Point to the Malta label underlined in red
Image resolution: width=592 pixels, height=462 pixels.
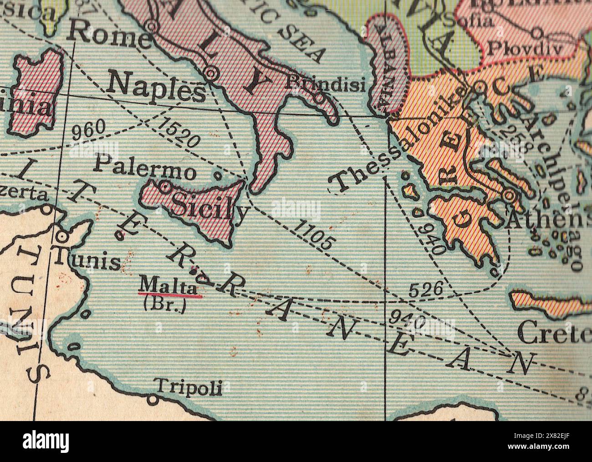[x=168, y=287]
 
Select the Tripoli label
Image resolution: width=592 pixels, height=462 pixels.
[x=189, y=387]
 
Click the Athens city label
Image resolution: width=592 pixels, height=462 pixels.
[x=546, y=221]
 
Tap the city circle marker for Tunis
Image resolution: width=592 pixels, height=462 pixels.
[x=62, y=237]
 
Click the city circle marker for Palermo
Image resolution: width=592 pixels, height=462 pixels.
[x=165, y=186]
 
